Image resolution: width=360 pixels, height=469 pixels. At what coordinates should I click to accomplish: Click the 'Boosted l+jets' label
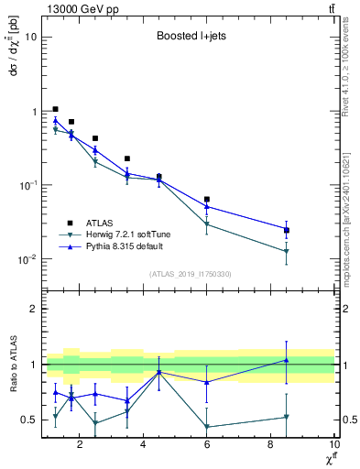coord(190,38)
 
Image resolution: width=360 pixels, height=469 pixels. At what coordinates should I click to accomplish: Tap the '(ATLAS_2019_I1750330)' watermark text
coord(190,274)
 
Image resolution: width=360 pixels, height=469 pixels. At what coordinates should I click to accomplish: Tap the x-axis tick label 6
coord(207,446)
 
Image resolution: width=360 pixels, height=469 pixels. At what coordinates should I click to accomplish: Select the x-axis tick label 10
coord(333,446)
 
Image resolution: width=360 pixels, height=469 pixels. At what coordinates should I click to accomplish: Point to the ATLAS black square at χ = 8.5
coord(287,231)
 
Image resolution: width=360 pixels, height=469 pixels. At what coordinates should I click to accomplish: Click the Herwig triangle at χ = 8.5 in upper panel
coord(287,251)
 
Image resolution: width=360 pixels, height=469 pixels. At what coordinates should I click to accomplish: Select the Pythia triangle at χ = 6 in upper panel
coord(207,206)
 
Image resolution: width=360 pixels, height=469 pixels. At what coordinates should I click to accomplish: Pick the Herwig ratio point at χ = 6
coord(207,427)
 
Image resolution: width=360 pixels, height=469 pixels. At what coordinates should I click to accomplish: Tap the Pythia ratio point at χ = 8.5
coord(287,360)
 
